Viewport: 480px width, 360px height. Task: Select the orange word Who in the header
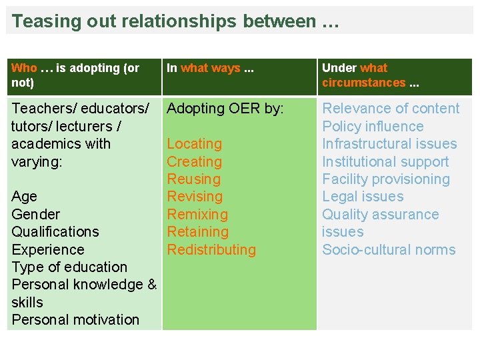(24, 68)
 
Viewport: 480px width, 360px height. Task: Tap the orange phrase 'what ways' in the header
(211, 68)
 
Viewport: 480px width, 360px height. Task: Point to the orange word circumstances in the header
(363, 83)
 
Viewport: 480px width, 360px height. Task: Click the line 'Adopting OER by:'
(225, 109)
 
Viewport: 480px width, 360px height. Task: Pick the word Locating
(194, 144)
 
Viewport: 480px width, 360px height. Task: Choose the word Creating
(194, 161)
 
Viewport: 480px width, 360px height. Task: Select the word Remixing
(197, 215)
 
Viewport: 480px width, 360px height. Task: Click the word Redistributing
(211, 250)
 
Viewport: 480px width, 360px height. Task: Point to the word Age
(25, 197)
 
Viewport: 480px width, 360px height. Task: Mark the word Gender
(36, 215)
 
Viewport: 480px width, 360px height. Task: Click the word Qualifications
(55, 232)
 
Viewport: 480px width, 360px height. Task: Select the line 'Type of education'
(69, 267)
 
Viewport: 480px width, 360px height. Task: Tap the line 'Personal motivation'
(75, 320)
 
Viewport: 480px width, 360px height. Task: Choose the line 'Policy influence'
(373, 127)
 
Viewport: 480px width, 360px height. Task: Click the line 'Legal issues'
(363, 197)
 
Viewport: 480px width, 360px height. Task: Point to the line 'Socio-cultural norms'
(389, 250)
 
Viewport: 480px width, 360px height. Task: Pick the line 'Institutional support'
(385, 162)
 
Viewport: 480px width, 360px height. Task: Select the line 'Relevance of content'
(391, 109)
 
